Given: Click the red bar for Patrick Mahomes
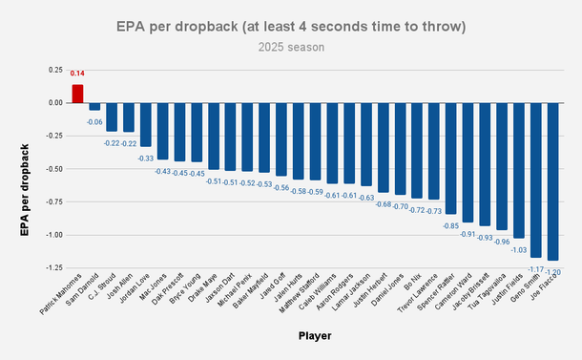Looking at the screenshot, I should tap(77, 94).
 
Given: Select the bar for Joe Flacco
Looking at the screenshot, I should tap(553, 180).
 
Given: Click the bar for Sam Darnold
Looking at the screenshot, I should tap(94, 106).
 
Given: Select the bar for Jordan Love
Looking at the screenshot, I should tap(146, 124).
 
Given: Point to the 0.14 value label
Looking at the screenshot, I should tap(77, 74).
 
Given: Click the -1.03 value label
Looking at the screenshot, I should tap(519, 250).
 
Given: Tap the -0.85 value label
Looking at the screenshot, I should tap(450, 226).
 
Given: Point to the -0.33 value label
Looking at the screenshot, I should tap(146, 158).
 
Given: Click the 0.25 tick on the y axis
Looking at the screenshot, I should tap(55, 70).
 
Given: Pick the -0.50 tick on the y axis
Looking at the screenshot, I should tap(53, 168).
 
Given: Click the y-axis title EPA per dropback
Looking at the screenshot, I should tap(24, 167).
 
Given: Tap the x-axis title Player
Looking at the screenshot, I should tap(315, 335).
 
